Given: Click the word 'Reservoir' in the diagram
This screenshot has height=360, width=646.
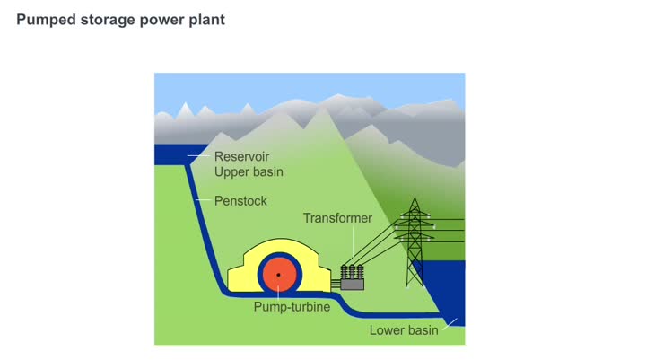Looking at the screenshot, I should pyautogui.click(x=241, y=157).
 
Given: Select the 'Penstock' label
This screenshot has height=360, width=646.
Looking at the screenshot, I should pyautogui.click(x=240, y=201).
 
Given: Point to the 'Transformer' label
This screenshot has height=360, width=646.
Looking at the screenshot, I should pyautogui.click(x=336, y=218).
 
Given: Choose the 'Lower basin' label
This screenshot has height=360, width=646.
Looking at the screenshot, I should pyautogui.click(x=404, y=329).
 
